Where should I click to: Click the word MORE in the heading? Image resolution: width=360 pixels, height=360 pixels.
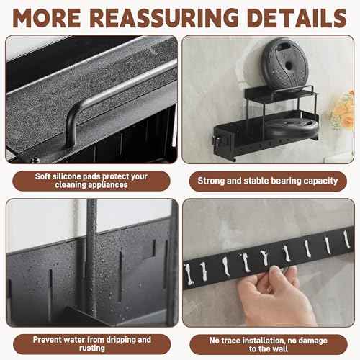[47, 18]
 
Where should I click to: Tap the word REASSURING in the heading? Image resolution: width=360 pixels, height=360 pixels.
[164, 18]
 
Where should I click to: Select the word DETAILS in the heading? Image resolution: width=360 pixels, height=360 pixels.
[297, 18]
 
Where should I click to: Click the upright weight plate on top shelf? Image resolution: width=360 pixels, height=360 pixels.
[286, 63]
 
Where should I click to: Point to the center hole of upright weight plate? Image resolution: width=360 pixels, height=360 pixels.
[289, 66]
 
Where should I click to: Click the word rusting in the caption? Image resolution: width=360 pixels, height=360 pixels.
[92, 348]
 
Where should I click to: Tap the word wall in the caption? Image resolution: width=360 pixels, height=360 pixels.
[280, 348]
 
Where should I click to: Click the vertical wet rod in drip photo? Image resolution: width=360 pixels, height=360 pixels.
[91, 257]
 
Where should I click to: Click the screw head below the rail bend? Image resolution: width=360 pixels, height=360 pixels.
[35, 160]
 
